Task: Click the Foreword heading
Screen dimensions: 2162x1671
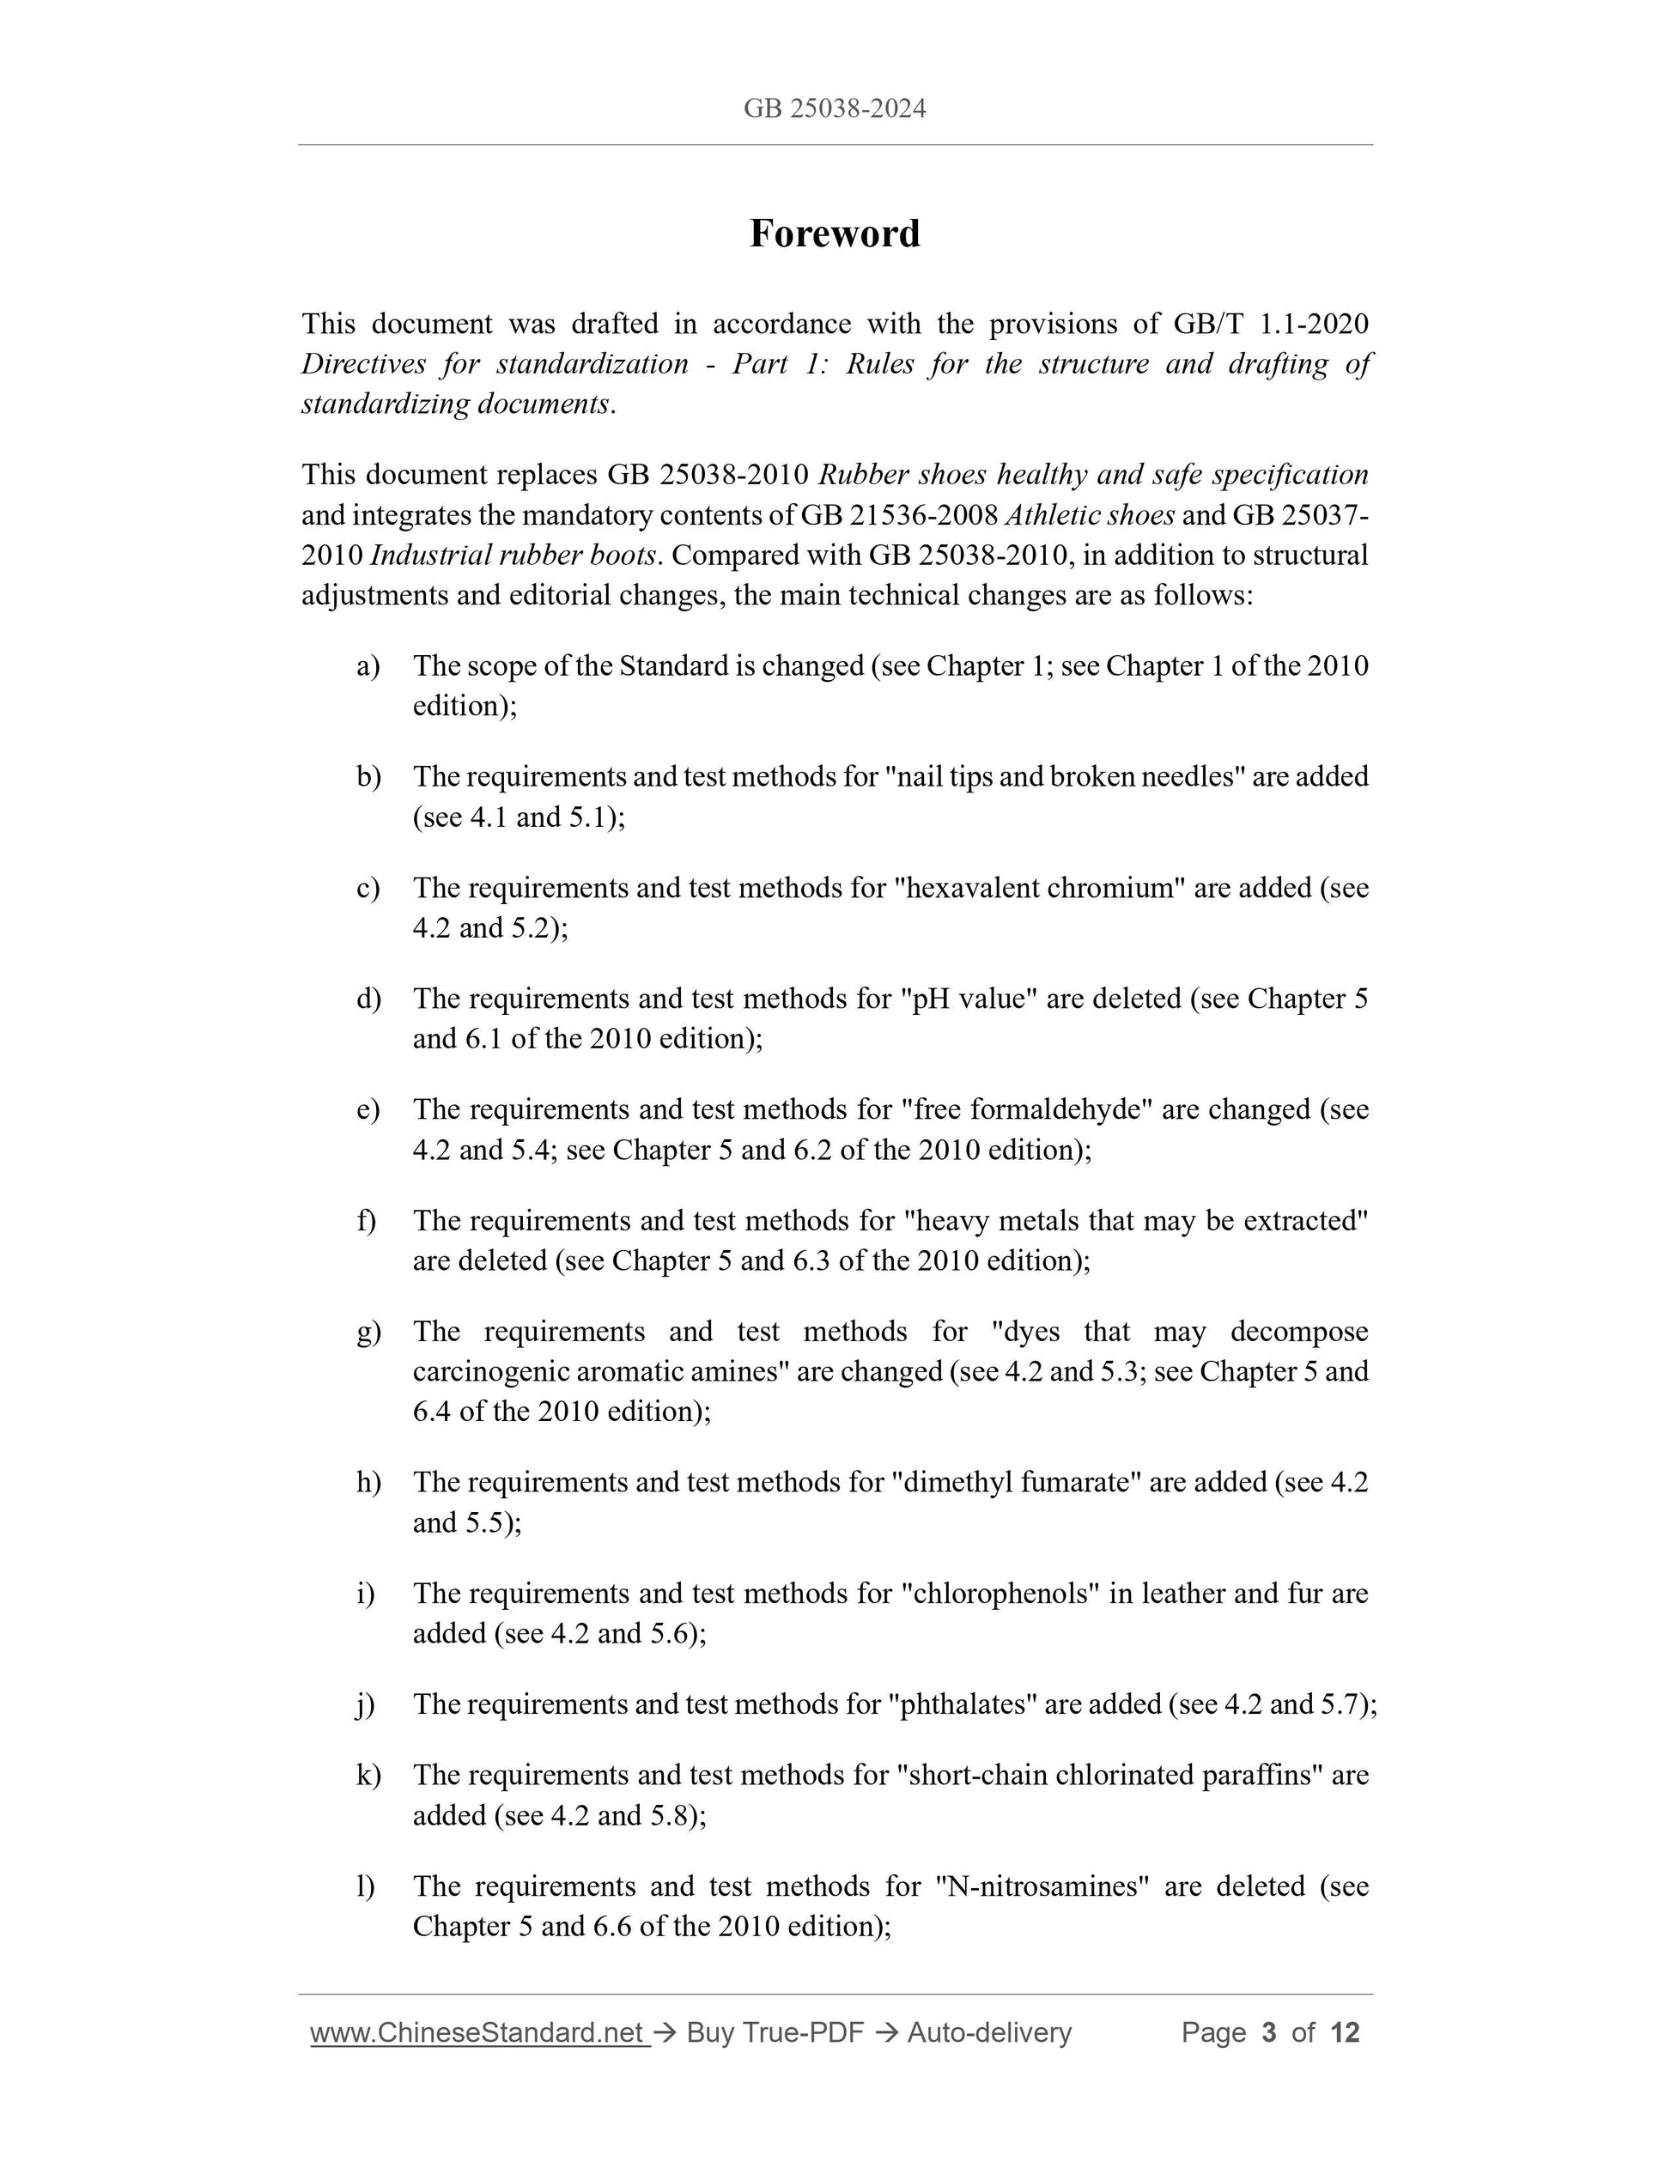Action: [x=835, y=234]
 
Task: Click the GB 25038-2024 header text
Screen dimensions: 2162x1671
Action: [x=835, y=108]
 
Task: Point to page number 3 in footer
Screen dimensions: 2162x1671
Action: [x=1268, y=2032]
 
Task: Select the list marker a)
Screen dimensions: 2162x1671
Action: [x=368, y=665]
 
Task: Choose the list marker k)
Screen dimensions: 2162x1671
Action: [x=368, y=1775]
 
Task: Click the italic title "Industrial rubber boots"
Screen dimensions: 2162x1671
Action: [x=513, y=556]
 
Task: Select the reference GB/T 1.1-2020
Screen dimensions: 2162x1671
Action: [x=1270, y=324]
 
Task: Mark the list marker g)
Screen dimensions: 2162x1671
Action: [x=368, y=1332]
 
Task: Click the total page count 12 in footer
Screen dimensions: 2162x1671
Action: [x=1345, y=2032]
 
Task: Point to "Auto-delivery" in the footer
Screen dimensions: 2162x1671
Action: [x=989, y=2032]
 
